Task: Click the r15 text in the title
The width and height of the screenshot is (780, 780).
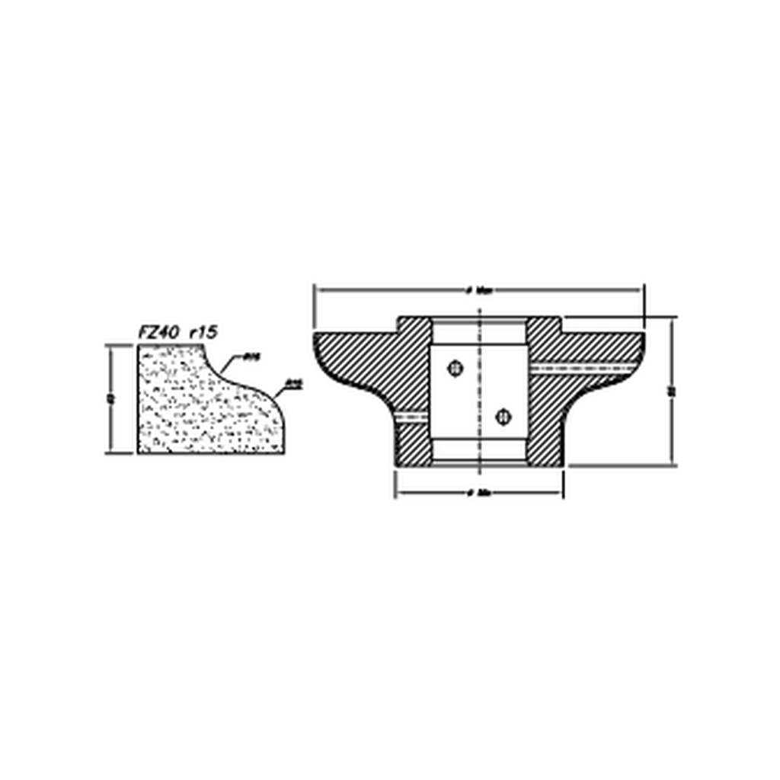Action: point(203,332)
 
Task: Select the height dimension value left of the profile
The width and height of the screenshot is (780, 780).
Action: point(111,398)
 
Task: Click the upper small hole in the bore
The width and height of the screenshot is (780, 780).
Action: point(456,368)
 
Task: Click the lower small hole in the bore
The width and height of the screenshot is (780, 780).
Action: point(502,416)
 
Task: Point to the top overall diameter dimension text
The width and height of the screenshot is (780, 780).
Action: point(480,290)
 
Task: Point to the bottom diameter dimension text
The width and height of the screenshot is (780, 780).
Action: point(479,493)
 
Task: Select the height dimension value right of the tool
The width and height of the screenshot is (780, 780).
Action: point(671,391)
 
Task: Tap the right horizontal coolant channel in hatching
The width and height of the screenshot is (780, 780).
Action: point(583,368)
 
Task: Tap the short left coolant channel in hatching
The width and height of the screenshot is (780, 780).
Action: point(412,417)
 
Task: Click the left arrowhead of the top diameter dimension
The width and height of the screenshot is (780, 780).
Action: point(319,289)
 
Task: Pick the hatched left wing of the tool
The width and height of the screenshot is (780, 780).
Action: point(358,358)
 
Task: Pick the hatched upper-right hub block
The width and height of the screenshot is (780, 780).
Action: point(544,335)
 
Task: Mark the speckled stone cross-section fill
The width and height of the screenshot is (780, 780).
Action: point(198,411)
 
